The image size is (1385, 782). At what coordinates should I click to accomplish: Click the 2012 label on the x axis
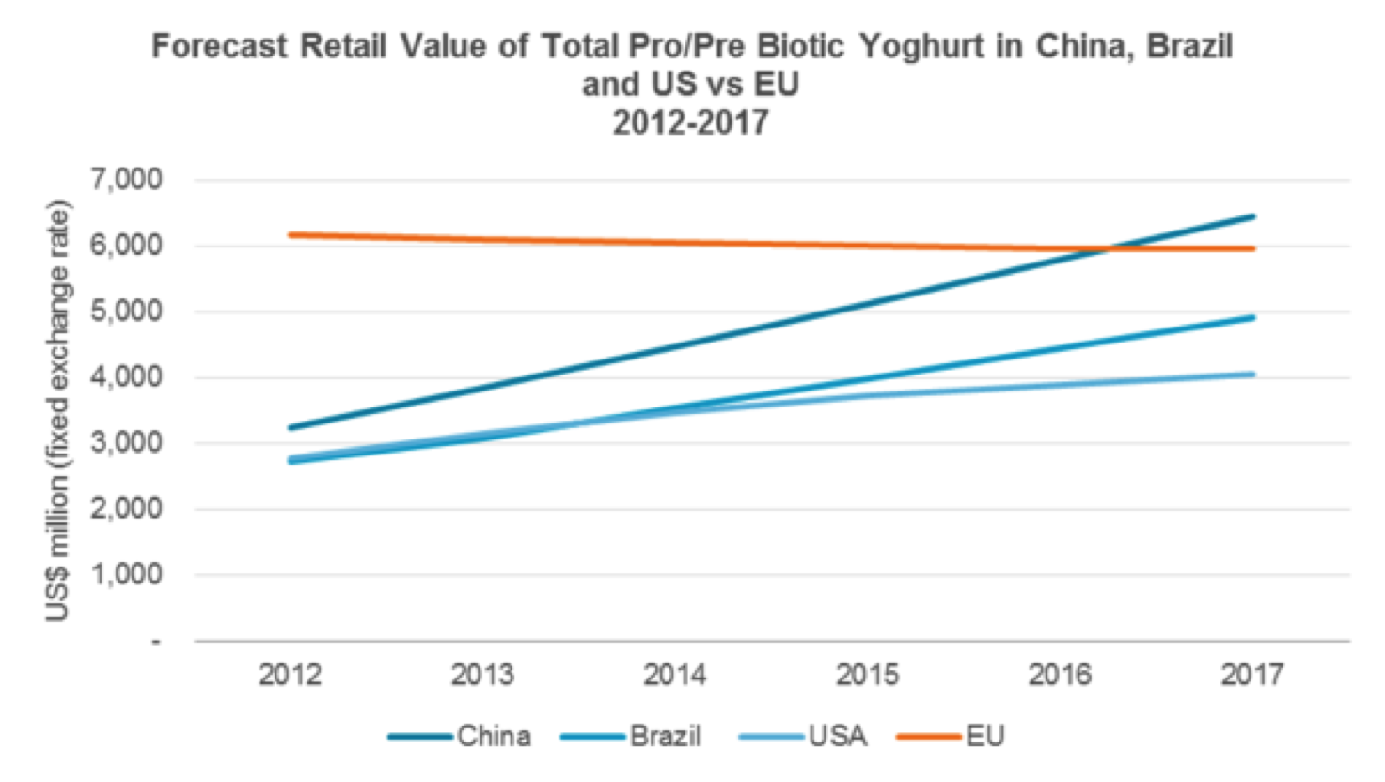tap(290, 675)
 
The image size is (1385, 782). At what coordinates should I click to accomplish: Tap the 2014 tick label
tap(674, 675)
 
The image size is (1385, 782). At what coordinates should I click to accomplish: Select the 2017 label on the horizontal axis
tap(1251, 675)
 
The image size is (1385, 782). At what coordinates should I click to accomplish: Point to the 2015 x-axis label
tap(867, 675)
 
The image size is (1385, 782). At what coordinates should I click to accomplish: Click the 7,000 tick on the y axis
tap(126, 179)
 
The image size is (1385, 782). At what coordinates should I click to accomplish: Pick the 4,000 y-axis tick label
tap(126, 376)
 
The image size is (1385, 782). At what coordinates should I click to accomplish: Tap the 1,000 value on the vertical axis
tap(126, 574)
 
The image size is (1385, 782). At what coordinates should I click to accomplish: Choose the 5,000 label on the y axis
tap(126, 311)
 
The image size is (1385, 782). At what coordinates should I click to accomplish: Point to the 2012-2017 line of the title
tap(690, 122)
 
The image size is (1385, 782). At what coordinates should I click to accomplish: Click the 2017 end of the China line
tap(1252, 216)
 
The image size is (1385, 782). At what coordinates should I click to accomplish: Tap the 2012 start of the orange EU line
tap(291, 234)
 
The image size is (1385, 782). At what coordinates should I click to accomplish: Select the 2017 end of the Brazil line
tap(1252, 317)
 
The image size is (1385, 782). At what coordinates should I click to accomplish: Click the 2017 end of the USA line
tap(1252, 375)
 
